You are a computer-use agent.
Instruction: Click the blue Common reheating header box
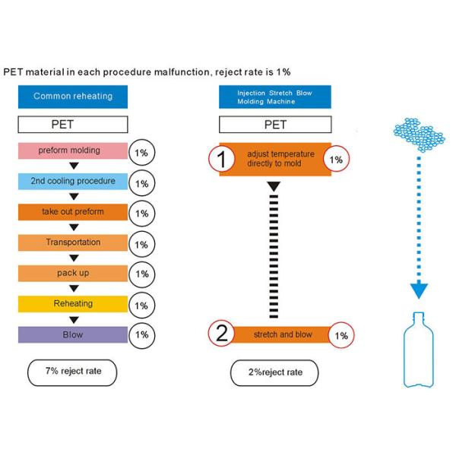click(73, 97)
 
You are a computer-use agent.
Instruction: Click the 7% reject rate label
click(73, 372)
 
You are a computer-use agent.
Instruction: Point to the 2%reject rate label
click(274, 373)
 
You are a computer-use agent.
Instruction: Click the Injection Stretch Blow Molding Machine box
click(274, 97)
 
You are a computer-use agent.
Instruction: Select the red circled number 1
click(221, 159)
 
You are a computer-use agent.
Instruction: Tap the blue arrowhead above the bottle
click(419, 290)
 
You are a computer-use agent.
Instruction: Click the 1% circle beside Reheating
click(141, 306)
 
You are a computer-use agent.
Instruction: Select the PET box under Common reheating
click(73, 124)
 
